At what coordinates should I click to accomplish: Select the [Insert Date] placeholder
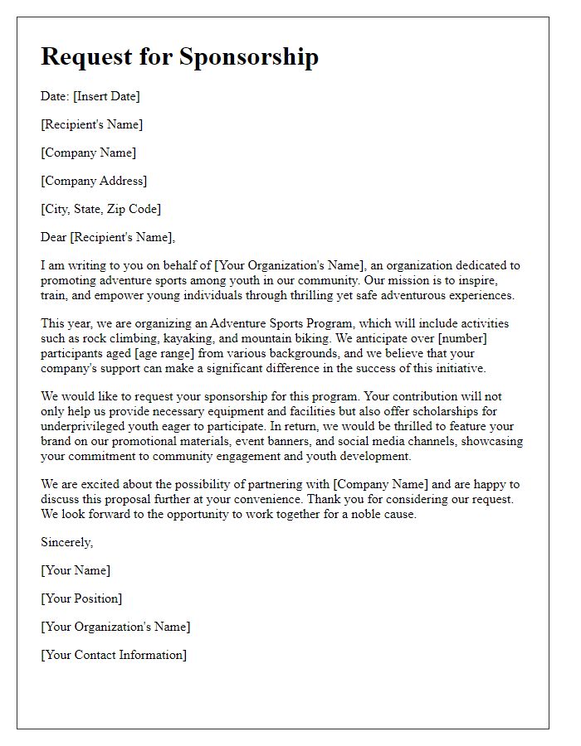106,96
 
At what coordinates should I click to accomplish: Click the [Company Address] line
94,181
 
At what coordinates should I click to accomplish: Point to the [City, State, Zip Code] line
100,209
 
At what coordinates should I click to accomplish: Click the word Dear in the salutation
54,237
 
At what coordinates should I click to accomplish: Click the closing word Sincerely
67,542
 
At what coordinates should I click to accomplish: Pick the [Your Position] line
81,598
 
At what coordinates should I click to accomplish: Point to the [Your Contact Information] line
114,655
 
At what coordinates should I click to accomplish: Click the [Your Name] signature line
76,570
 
